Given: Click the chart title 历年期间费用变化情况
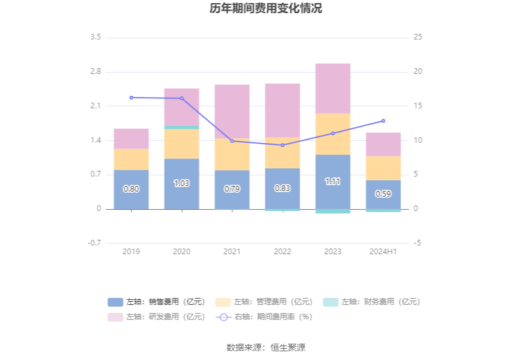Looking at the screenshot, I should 266,9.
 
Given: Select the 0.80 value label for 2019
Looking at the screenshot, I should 131,188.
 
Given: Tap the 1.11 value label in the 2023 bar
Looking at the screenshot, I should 333,182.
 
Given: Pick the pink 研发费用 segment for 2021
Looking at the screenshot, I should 232,111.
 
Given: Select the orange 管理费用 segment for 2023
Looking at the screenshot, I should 333,134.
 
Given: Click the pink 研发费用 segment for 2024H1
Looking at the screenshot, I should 383,144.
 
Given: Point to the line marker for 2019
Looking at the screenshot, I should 131,98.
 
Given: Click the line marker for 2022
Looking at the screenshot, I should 282,145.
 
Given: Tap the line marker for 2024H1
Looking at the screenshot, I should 383,121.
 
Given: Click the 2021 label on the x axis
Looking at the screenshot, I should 232,251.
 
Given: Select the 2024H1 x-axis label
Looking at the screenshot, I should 383,251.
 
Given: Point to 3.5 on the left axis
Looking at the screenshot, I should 95,38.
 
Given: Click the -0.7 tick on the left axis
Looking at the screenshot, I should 94,243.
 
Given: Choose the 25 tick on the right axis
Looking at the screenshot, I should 418,38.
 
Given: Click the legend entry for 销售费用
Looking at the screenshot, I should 156,302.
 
